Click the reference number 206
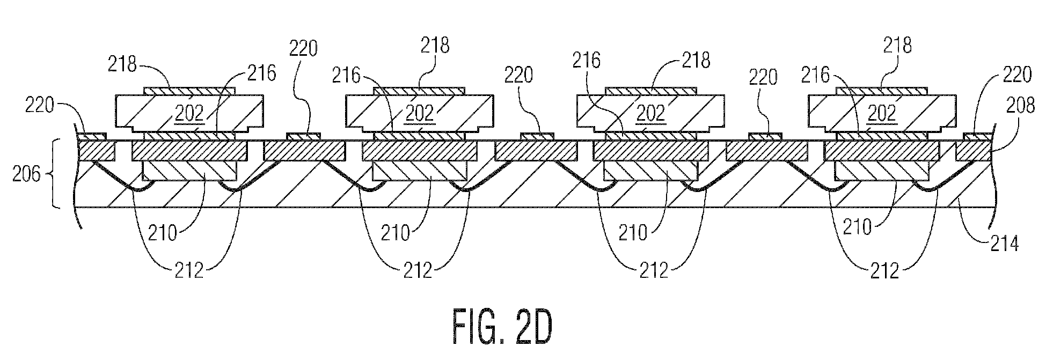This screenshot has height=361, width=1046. [x=26, y=174]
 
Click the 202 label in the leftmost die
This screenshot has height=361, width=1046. [x=189, y=113]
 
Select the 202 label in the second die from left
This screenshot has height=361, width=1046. [x=420, y=113]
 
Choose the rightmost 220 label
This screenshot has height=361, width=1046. [x=1016, y=75]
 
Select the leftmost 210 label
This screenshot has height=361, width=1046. [x=164, y=233]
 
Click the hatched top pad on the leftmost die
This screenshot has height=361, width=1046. [x=189, y=91]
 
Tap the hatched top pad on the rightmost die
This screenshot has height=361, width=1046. [x=882, y=91]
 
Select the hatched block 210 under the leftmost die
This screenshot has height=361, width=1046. [x=189, y=171]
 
